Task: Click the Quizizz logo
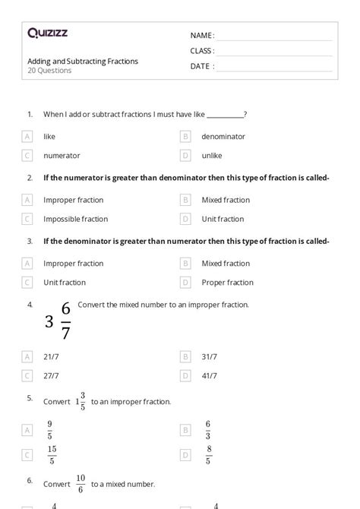point(47,33)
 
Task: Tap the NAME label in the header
point(201,36)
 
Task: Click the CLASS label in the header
point(202,51)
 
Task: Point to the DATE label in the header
point(201,66)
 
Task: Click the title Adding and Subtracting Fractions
point(83,62)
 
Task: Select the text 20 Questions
point(49,71)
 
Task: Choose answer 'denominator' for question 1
point(223,137)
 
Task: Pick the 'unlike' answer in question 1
point(212,156)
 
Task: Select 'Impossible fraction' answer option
point(75,219)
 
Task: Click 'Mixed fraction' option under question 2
point(226,200)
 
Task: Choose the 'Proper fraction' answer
point(227,283)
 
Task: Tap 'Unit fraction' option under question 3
point(65,283)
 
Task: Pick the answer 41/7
point(210,375)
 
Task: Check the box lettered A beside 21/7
point(27,356)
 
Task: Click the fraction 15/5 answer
point(51,455)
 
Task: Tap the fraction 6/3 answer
point(207,430)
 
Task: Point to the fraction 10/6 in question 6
point(81,483)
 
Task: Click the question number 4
point(30,305)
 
